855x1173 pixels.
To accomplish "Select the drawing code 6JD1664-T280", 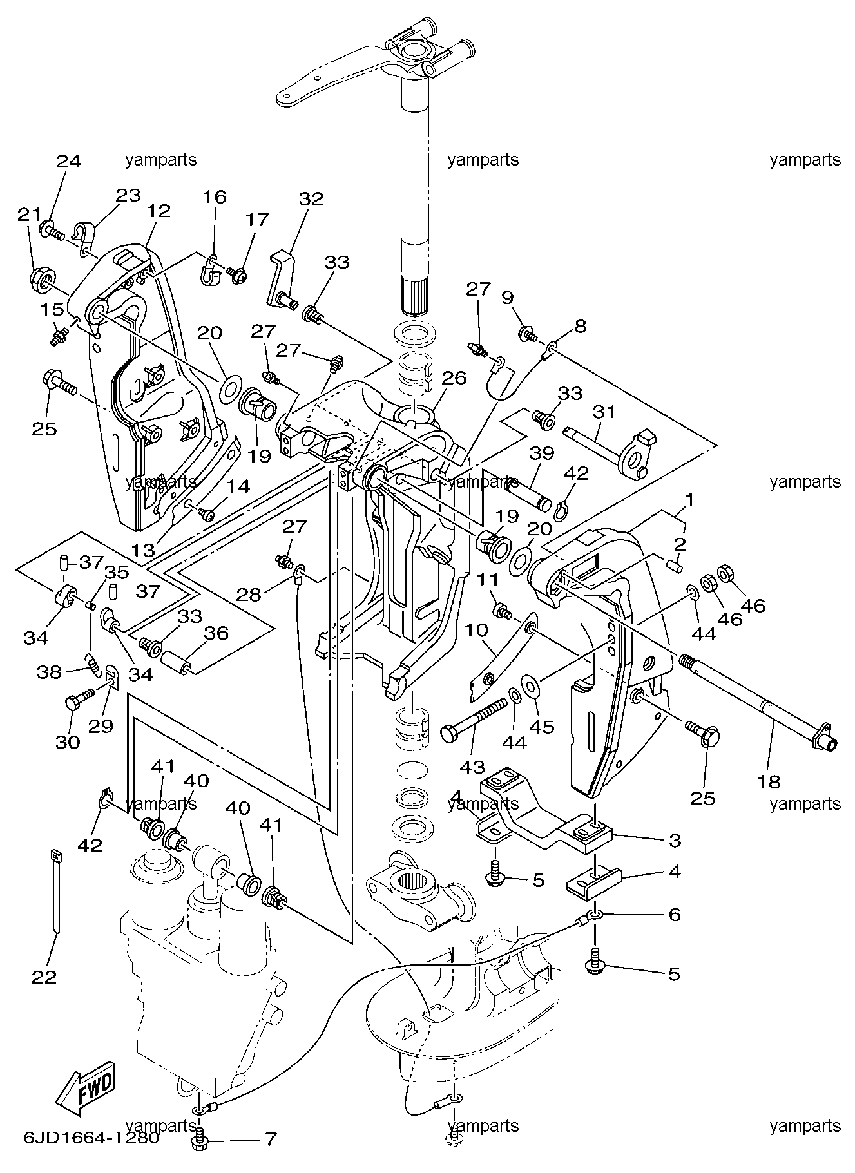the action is (91, 1138).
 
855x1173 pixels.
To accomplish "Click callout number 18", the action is (769, 781).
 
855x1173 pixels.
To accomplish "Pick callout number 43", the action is (472, 767).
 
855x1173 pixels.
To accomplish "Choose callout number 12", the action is (158, 210).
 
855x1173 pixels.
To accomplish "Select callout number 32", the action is (311, 198).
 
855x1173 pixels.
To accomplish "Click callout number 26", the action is (454, 377).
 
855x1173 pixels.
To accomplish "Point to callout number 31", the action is (604, 411).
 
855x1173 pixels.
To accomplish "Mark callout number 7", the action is (270, 1139).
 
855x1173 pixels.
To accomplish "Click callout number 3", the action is (675, 840).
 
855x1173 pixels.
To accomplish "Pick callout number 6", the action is (675, 914).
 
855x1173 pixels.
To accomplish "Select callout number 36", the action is (216, 633).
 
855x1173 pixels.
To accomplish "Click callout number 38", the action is (50, 672).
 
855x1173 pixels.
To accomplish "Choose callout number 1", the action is (689, 499).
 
